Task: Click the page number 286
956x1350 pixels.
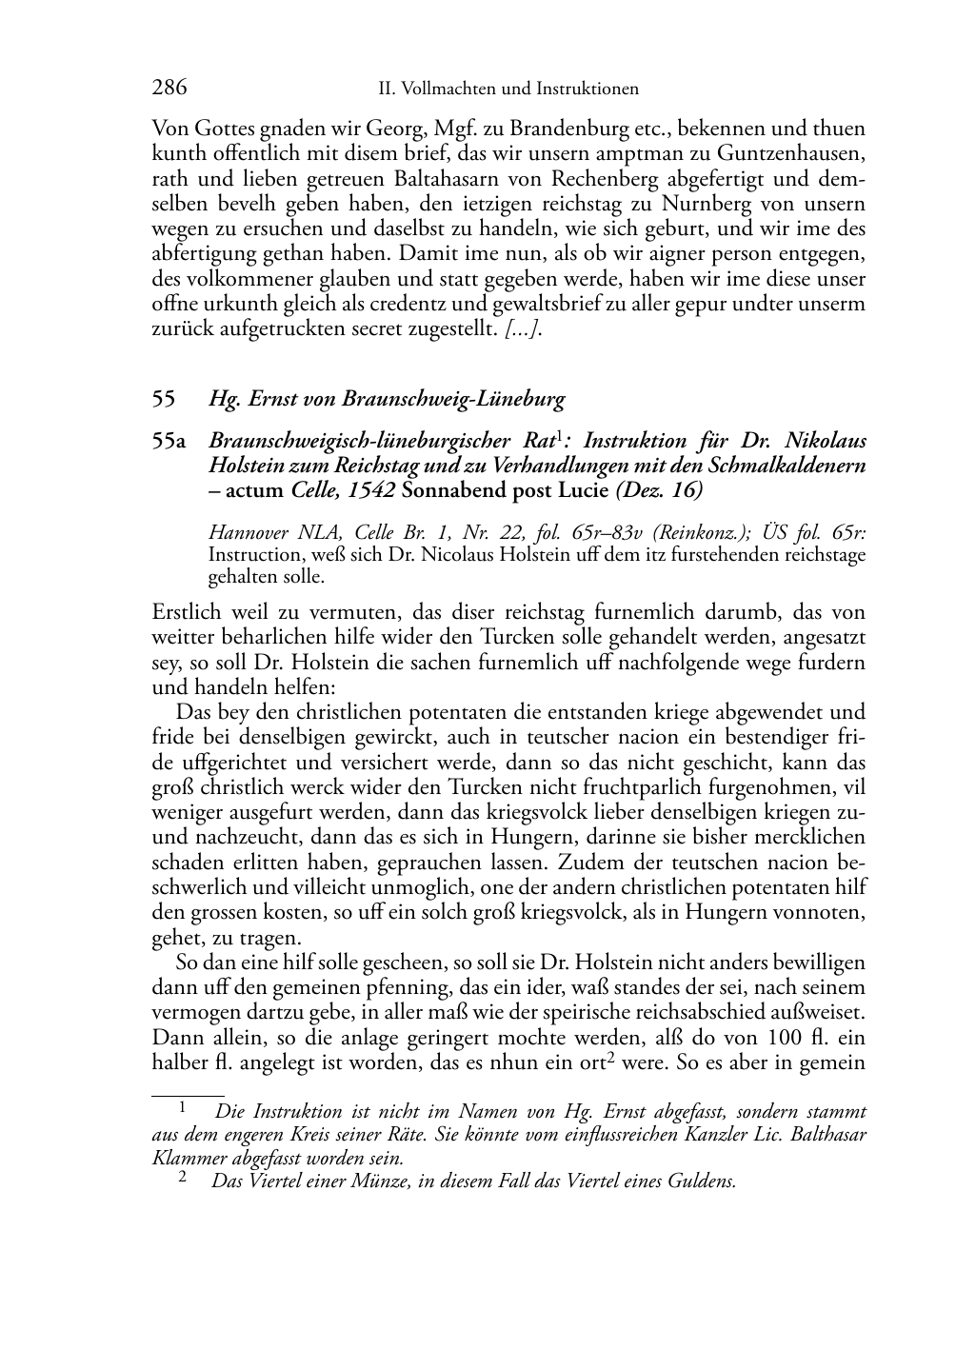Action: pos(169,89)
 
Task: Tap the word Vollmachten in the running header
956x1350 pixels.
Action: pos(446,89)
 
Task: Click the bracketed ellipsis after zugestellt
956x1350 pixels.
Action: pos(524,330)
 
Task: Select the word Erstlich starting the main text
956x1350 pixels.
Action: pos(187,612)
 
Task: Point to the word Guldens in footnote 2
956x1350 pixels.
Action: pos(706,1181)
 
